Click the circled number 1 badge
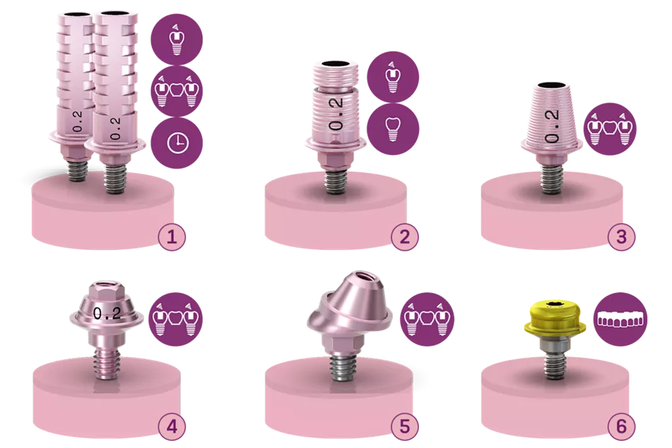[x=171, y=237]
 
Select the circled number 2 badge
[x=405, y=237]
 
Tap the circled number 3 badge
[x=621, y=237]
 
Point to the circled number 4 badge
[x=171, y=427]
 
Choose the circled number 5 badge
[x=405, y=427]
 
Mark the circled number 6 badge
[x=621, y=427]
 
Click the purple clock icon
[x=177, y=143]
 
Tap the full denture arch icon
[x=621, y=319]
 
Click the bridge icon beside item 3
[x=610, y=129]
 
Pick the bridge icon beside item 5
[x=426, y=319]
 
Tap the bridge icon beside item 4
[x=175, y=319]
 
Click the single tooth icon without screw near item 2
[x=393, y=129]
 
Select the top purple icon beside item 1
[x=177, y=40]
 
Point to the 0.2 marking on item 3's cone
[x=552, y=126]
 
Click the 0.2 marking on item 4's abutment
[x=107, y=314]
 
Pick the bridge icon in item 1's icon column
[x=177, y=91]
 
